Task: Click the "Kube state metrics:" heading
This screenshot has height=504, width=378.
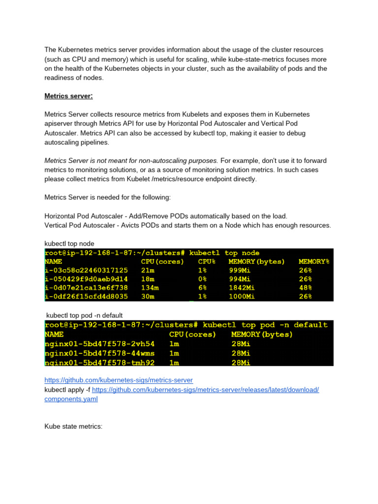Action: click(x=73, y=426)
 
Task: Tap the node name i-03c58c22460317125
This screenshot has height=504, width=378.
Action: click(x=86, y=270)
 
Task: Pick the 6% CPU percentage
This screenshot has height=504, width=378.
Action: click(x=202, y=287)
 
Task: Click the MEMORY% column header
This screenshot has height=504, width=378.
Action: click(x=314, y=261)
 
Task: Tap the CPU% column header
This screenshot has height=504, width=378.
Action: click(x=207, y=261)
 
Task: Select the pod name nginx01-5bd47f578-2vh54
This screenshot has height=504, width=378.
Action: click(x=99, y=344)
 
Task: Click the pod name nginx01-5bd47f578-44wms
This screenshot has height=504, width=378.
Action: click(x=99, y=353)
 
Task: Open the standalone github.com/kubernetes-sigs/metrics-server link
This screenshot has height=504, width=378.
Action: click(x=119, y=380)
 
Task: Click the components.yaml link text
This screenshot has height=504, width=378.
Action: click(x=71, y=399)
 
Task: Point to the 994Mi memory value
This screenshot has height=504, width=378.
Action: click(x=242, y=279)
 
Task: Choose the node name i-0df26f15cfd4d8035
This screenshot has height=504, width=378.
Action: click(x=86, y=296)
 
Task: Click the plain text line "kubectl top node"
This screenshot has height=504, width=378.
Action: click(x=69, y=243)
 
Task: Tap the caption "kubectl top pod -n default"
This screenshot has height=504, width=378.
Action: click(x=84, y=315)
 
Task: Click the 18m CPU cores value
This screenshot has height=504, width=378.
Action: click(x=148, y=279)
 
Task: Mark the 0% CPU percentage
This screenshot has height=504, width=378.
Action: click(x=202, y=279)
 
